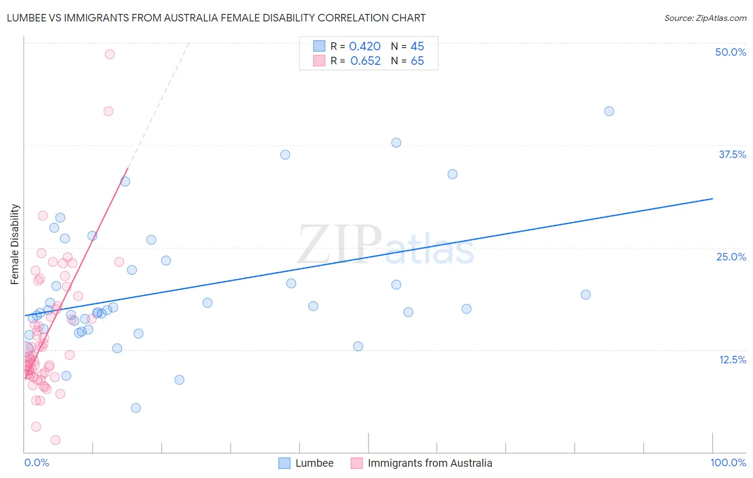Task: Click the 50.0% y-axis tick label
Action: click(x=731, y=52)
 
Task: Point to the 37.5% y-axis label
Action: click(x=732, y=154)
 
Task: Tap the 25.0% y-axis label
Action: click(x=731, y=257)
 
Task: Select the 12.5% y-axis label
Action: click(x=732, y=360)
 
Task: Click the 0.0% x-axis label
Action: click(x=36, y=462)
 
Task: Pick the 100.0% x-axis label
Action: click(x=728, y=462)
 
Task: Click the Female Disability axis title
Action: click(x=15, y=244)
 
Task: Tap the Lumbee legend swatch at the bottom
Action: click(x=284, y=463)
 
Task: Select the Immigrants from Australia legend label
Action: click(x=430, y=463)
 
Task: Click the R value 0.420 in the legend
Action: click(x=365, y=47)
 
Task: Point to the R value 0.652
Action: click(x=365, y=61)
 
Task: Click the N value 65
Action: click(x=417, y=61)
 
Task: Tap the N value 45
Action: click(x=417, y=47)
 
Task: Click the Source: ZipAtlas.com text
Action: click(x=705, y=18)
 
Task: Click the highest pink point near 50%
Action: click(x=110, y=54)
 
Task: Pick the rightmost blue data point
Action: click(x=609, y=111)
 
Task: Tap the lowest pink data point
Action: click(x=55, y=440)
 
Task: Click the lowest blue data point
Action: click(x=136, y=408)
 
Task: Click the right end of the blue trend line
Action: click(x=713, y=199)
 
